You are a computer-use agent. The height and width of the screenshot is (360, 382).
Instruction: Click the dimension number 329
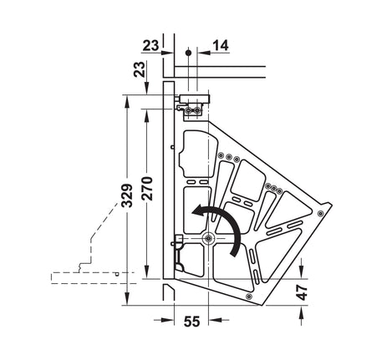coord(128,195)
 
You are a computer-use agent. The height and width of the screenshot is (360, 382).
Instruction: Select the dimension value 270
coord(147,189)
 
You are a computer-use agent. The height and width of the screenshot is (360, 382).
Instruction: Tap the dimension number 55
coord(191,322)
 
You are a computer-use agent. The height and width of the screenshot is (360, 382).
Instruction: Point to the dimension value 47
coord(302,292)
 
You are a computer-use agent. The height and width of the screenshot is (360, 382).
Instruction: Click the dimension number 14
coord(221,46)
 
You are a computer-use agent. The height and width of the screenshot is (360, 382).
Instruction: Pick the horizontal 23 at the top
coord(150,46)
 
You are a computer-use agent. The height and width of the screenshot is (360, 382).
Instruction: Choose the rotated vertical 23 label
coord(140,69)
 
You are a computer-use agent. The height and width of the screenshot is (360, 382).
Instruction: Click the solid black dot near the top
coord(188,53)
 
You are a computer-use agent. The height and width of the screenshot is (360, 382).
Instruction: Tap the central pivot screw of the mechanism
coord(208,238)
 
